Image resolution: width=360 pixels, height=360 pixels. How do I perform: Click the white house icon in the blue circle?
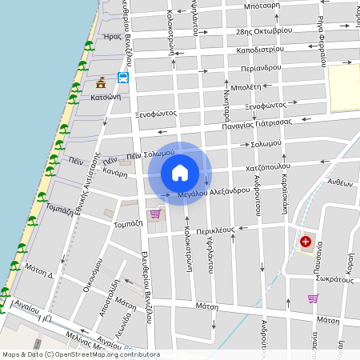click(180, 172)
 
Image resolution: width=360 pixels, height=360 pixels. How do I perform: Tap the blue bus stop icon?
click(123, 78)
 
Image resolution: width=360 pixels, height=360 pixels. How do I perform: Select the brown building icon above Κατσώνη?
click(101, 82)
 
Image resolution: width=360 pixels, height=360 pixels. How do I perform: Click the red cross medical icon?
click(306, 241)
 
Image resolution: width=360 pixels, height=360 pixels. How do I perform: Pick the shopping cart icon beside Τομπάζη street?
click(155, 214)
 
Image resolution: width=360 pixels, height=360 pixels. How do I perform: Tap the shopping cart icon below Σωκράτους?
click(313, 298)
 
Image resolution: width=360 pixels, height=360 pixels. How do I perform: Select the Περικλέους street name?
click(214, 230)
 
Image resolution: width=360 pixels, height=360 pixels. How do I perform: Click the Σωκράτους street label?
click(334, 281)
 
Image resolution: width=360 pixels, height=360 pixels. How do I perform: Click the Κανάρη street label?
click(115, 174)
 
